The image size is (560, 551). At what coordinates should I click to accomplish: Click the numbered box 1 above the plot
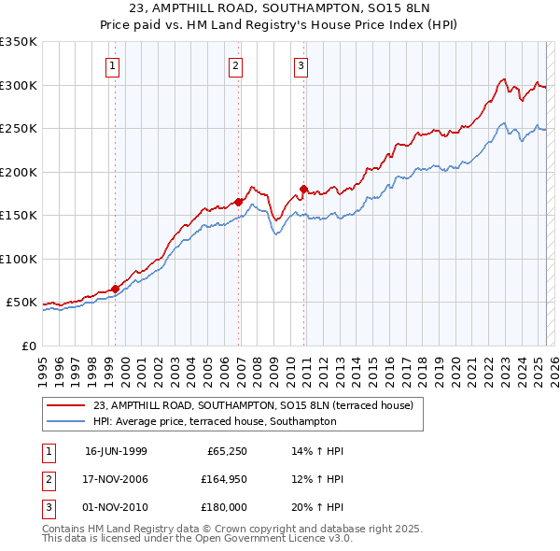[x=112, y=65]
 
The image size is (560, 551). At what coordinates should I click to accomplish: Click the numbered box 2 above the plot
[x=235, y=65]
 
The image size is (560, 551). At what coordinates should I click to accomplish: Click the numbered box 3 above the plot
[x=301, y=65]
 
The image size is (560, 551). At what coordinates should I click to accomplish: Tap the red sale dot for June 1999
[x=116, y=289]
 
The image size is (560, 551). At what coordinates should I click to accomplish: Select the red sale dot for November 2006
[x=239, y=202]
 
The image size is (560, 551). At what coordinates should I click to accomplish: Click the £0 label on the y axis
[x=27, y=346]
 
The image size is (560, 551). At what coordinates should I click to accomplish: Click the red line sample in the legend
[x=65, y=405]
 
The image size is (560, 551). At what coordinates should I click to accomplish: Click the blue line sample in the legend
[x=65, y=422]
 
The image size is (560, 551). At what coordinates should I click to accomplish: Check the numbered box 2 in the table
[x=47, y=479]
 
